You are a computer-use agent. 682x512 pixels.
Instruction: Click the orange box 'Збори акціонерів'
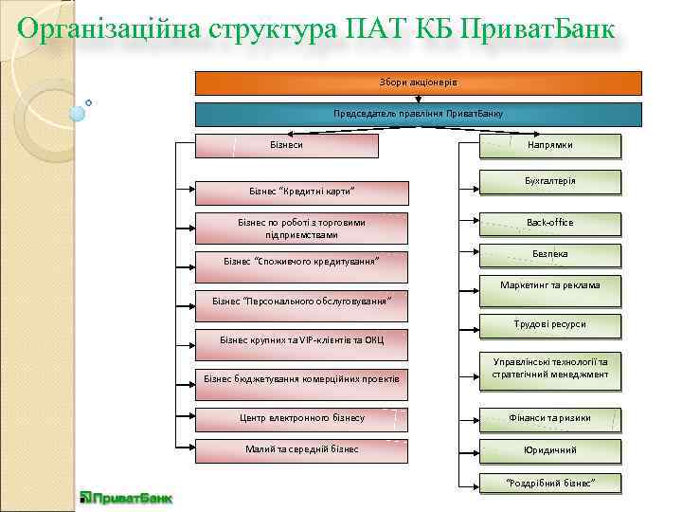[418, 82]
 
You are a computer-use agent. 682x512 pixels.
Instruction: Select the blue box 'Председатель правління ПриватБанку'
[418, 114]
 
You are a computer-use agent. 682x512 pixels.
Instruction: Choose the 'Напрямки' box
[549, 145]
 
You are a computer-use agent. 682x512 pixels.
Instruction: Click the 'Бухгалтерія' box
[549, 181]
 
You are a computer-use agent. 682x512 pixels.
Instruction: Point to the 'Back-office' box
[549, 223]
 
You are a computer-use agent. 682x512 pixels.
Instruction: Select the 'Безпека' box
[549, 254]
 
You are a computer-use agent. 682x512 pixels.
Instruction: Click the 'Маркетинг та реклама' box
[549, 285]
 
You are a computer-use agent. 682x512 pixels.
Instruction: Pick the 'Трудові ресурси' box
[549, 325]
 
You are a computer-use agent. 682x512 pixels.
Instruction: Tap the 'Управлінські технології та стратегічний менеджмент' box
[549, 369]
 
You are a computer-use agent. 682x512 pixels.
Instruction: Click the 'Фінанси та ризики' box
[549, 418]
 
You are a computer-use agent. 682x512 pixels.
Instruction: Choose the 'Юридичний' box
[549, 449]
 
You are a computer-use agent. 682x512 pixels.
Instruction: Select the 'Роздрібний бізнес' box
[549, 483]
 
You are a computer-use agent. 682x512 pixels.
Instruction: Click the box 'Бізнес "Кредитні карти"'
[302, 192]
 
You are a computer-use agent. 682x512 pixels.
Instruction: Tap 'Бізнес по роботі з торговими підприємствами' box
[302, 229]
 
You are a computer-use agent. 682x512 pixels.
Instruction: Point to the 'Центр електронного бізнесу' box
[302, 418]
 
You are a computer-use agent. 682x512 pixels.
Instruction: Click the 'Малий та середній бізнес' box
[302, 449]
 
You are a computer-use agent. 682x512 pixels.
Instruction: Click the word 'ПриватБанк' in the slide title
[540, 30]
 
